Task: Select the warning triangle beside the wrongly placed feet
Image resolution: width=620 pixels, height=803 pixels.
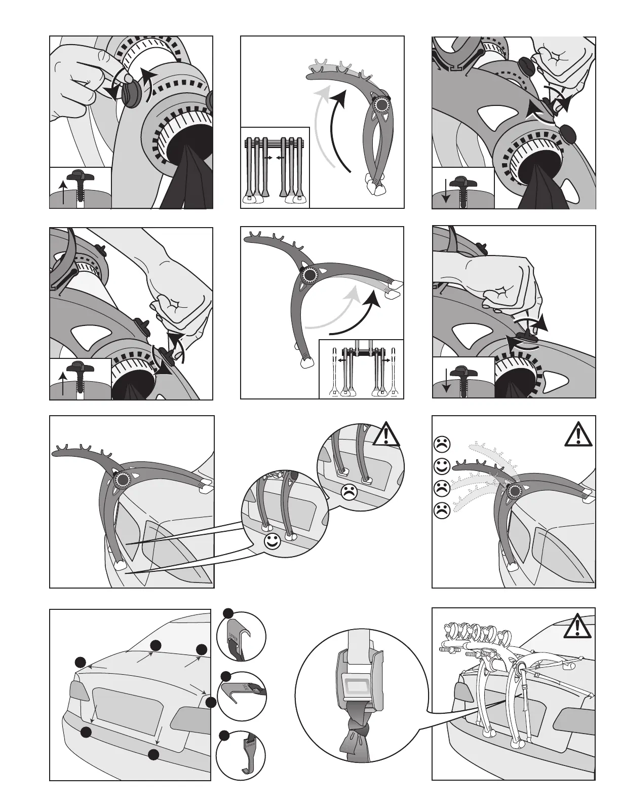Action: tap(386, 434)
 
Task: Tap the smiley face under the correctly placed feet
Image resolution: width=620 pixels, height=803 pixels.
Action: tap(273, 542)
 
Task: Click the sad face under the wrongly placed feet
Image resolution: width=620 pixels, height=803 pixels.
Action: tap(347, 491)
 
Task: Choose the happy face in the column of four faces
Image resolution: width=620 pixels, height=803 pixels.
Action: tap(442, 465)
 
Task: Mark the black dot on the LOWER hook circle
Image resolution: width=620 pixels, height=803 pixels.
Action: tap(223, 735)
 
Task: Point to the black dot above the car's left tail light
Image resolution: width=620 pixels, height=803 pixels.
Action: tap(80, 662)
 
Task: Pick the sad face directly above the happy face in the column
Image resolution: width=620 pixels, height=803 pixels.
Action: tap(442, 444)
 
